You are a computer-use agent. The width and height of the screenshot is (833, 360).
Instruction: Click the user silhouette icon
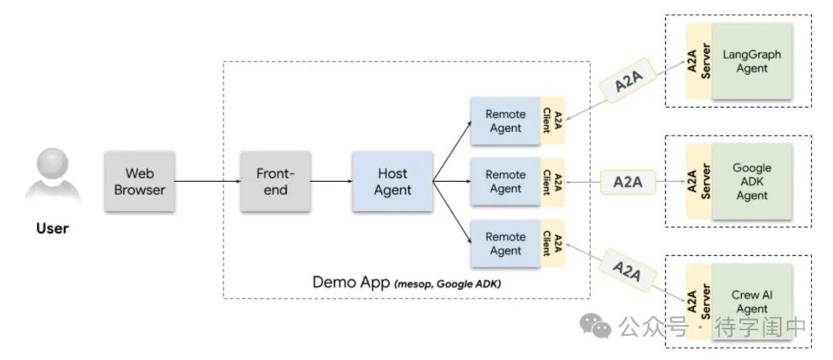pos(52,180)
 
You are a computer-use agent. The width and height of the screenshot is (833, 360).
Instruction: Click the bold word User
pos(52,228)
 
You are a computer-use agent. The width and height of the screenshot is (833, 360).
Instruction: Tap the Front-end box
pos(275,181)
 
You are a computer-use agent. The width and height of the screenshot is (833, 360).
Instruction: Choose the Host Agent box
pos(393,181)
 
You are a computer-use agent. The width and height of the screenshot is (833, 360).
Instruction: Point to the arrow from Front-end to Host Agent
pos(332,181)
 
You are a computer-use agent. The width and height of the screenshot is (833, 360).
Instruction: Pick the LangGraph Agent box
pos(752,62)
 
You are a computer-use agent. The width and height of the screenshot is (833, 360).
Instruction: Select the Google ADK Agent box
pos(752,182)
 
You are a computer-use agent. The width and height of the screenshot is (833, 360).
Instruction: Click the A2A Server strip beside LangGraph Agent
pos(697,62)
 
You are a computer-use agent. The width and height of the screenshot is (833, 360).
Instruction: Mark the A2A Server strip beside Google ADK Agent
pos(697,182)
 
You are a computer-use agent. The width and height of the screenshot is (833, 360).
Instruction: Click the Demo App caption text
pos(351,281)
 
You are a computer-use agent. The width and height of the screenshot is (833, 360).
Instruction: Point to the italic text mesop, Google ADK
pos(447,283)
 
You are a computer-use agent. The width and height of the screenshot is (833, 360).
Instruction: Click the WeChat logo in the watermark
pos(596,328)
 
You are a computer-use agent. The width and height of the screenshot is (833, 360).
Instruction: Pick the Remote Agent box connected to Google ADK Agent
pos(506,182)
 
